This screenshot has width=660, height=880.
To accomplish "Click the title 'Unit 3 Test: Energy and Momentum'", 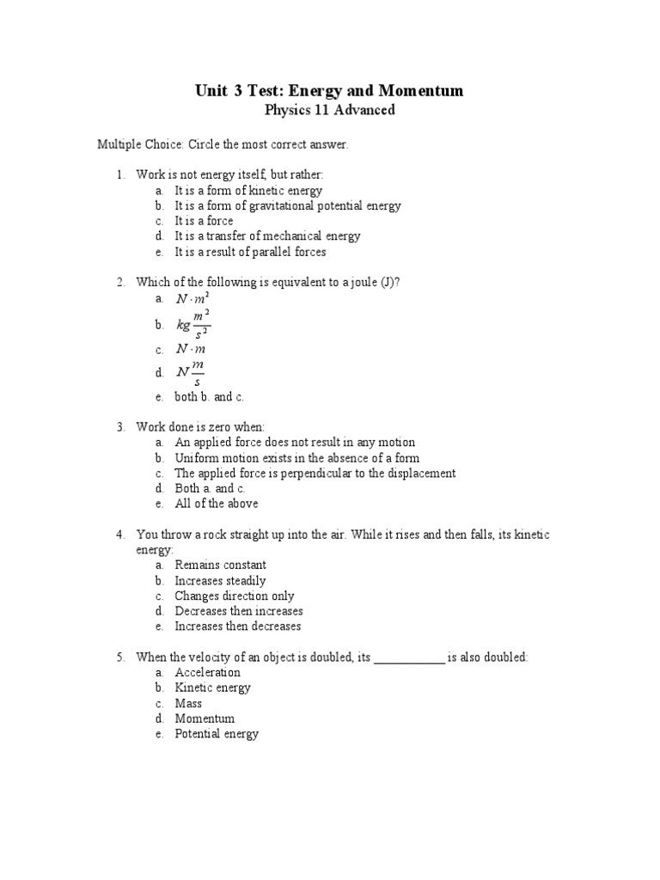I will [x=329, y=91].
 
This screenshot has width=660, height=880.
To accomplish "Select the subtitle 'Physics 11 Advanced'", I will [x=329, y=110].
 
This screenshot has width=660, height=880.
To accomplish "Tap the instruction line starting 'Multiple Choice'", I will [x=223, y=144].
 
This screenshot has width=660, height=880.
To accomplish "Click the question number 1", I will [x=121, y=174].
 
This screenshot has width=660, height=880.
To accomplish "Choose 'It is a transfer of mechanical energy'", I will [x=267, y=236].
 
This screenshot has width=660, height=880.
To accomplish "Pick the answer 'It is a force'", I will [x=204, y=221].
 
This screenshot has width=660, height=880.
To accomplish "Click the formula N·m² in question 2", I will [x=192, y=299].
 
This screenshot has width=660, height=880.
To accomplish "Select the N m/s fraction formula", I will [x=191, y=372].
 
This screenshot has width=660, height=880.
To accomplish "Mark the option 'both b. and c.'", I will [x=210, y=397].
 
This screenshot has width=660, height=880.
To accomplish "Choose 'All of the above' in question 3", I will [x=216, y=504].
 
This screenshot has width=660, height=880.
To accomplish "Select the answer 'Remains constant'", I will [x=220, y=565].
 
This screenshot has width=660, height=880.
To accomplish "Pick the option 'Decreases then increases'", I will [x=239, y=612].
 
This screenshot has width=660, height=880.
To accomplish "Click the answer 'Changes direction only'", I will [x=234, y=596].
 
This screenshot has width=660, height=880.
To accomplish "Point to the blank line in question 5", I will [x=410, y=658].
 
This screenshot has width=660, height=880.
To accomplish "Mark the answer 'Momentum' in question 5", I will [x=205, y=719].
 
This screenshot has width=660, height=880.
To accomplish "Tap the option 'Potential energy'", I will [x=217, y=735].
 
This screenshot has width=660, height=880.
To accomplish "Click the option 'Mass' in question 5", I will [x=188, y=704].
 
